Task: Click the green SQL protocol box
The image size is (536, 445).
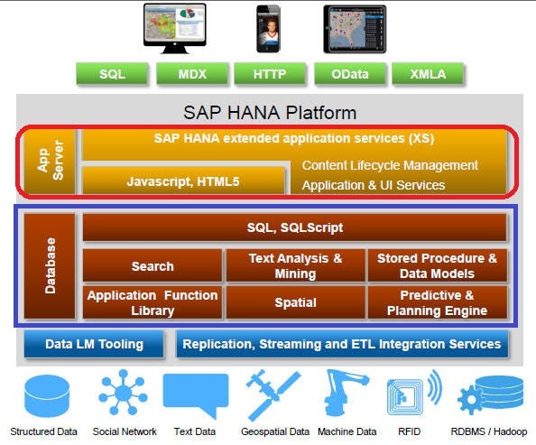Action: [113, 74]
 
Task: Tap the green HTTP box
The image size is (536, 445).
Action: [270, 74]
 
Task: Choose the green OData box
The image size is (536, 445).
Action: [349, 74]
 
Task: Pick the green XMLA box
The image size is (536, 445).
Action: [428, 74]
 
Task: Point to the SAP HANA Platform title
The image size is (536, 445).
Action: [270, 113]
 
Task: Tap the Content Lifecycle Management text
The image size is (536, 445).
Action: [390, 165]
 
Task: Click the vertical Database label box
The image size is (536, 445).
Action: [50, 265]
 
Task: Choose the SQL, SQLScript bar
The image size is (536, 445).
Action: [294, 227]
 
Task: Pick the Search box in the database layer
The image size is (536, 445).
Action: [152, 266]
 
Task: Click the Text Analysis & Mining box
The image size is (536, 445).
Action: [295, 265]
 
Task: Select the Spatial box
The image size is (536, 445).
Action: [295, 303]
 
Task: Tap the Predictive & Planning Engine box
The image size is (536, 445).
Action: [437, 303]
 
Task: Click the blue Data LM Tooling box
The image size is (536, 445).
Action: [94, 344]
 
